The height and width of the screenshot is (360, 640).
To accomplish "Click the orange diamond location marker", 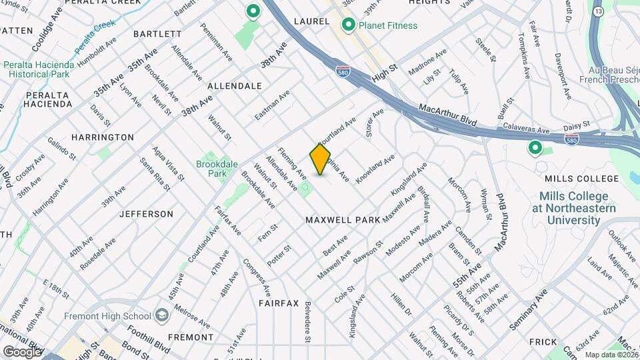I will (320, 159).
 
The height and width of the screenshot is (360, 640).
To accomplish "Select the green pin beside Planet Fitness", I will (348, 25).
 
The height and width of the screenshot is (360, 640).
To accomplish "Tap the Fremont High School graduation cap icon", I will (161, 315).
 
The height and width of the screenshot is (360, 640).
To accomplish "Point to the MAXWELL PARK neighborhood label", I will (343, 219).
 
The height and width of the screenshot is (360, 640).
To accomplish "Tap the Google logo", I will (22, 351).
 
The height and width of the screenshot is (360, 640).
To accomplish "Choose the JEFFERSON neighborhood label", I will (146, 214).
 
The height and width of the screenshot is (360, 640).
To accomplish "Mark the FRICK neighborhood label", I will (543, 342).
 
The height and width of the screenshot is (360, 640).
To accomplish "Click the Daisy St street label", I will (578, 125).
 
